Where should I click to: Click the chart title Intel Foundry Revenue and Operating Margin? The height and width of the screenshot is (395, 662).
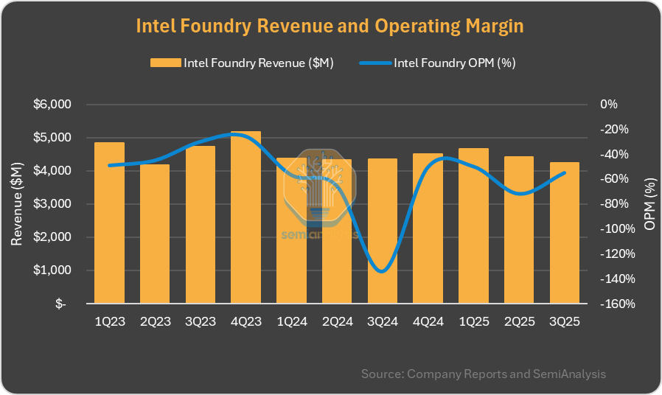[x=330, y=26]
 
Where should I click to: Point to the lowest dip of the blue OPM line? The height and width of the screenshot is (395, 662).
[x=380, y=271]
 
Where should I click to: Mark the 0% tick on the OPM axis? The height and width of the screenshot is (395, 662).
[x=608, y=105]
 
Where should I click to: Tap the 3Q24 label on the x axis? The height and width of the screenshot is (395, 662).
[x=382, y=322]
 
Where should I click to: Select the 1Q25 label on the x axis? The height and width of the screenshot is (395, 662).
[x=473, y=322]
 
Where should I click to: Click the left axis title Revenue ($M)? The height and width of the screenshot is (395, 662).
[x=18, y=204]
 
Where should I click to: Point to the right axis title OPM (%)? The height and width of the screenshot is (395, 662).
[x=649, y=204]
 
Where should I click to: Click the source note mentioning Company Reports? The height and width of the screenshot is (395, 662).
[x=483, y=374]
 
